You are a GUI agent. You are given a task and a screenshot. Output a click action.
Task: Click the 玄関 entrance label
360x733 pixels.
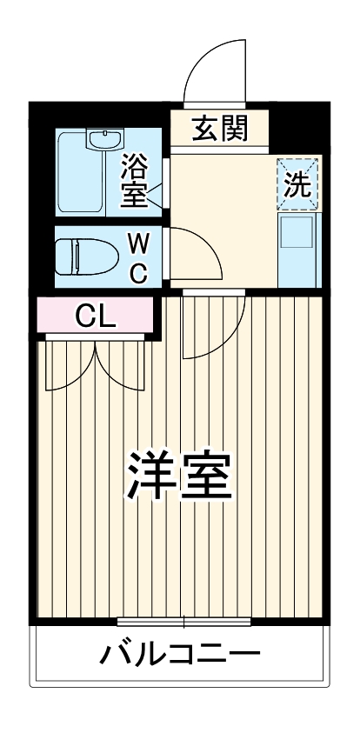click(220, 129)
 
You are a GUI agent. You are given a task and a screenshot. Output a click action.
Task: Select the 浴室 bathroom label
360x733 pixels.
click(136, 180)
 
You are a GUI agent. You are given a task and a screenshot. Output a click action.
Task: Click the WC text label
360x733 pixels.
click(138, 257)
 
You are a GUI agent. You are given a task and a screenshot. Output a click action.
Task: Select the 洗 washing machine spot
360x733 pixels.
click(298, 183)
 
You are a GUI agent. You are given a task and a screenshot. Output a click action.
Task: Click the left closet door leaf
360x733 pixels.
click(70, 365)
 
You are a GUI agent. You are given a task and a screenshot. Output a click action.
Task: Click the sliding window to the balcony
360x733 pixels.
click(183, 621)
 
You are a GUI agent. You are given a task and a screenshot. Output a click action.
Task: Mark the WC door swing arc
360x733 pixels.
click(196, 252)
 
